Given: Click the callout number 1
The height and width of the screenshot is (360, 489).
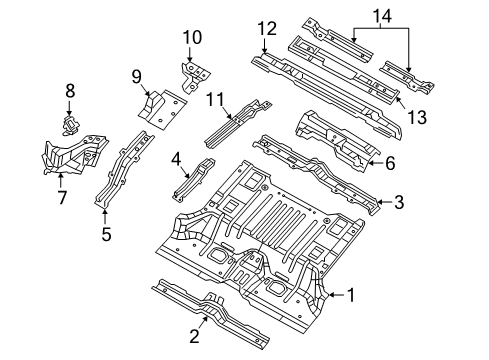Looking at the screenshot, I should click(x=351, y=293).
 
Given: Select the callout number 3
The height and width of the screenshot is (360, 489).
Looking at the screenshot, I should click(x=399, y=203).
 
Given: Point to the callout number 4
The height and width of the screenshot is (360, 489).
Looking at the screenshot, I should click(x=176, y=157).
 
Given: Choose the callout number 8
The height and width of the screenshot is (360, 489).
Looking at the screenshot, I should click(x=69, y=92).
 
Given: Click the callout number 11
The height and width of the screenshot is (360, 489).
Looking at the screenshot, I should click(x=212, y=98).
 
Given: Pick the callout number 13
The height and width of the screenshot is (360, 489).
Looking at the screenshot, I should click(x=416, y=118).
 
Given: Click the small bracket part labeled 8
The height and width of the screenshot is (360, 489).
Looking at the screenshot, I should click(x=71, y=123).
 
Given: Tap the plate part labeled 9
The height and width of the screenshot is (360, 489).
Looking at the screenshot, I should click(x=160, y=106).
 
